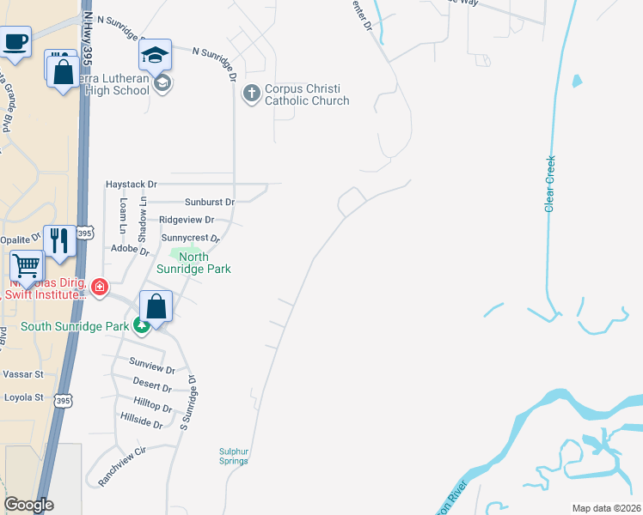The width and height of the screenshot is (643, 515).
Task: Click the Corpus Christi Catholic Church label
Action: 307,94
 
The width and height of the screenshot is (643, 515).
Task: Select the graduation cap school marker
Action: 155,56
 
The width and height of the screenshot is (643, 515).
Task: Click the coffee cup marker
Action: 16,40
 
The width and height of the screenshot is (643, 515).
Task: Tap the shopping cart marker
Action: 27,266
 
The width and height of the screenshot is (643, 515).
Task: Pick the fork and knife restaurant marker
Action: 59,240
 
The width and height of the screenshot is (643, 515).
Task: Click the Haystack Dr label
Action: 132,185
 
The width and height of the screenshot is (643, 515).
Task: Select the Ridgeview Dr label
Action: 186,220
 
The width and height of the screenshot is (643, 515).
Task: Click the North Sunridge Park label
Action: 193,263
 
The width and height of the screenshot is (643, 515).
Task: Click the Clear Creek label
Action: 549,183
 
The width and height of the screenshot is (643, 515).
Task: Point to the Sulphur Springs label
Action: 233,456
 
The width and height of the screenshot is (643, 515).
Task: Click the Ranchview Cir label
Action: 123,466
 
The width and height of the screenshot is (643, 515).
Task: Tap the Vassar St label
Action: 22,374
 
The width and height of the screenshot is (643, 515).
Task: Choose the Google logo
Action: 29,505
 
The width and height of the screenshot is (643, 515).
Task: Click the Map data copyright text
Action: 605,508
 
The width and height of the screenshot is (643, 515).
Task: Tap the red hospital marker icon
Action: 101,287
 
